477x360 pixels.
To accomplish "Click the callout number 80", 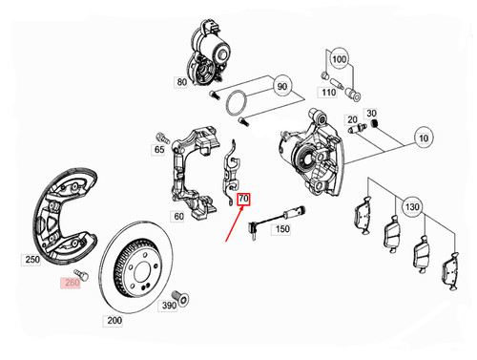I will [x=180, y=82].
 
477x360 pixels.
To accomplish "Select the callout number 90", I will [x=281, y=87].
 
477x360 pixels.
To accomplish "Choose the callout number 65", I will [x=159, y=149].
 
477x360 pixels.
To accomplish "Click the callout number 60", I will [x=177, y=216].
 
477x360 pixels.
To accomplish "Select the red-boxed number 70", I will [x=244, y=200].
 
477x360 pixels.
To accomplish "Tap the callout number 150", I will [x=282, y=229].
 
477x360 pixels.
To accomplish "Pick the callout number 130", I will [x=412, y=205].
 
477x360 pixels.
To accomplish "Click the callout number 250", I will [x=31, y=260].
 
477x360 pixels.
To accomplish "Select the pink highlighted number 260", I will [x=73, y=283].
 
